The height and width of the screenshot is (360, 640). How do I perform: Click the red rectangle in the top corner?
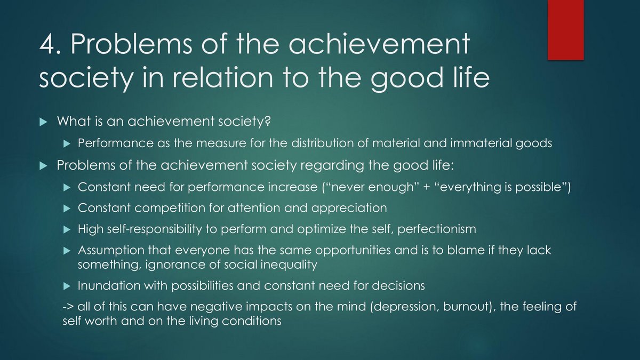[565, 30]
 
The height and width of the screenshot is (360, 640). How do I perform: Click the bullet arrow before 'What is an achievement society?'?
[43, 122]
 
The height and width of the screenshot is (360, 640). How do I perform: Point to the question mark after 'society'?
[267, 121]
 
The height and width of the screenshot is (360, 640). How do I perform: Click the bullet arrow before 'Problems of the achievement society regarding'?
[43, 166]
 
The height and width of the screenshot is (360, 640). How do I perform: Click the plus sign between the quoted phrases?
[427, 187]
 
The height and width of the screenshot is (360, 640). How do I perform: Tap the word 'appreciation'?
[349, 209]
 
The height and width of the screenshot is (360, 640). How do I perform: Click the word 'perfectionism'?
[437, 229]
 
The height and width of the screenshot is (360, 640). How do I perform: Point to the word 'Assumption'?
[111, 251]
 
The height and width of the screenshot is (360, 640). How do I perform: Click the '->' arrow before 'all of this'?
[69, 307]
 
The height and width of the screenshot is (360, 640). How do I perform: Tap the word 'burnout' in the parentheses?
[466, 307]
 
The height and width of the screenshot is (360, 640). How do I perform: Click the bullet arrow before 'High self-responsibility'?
[67, 230]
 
